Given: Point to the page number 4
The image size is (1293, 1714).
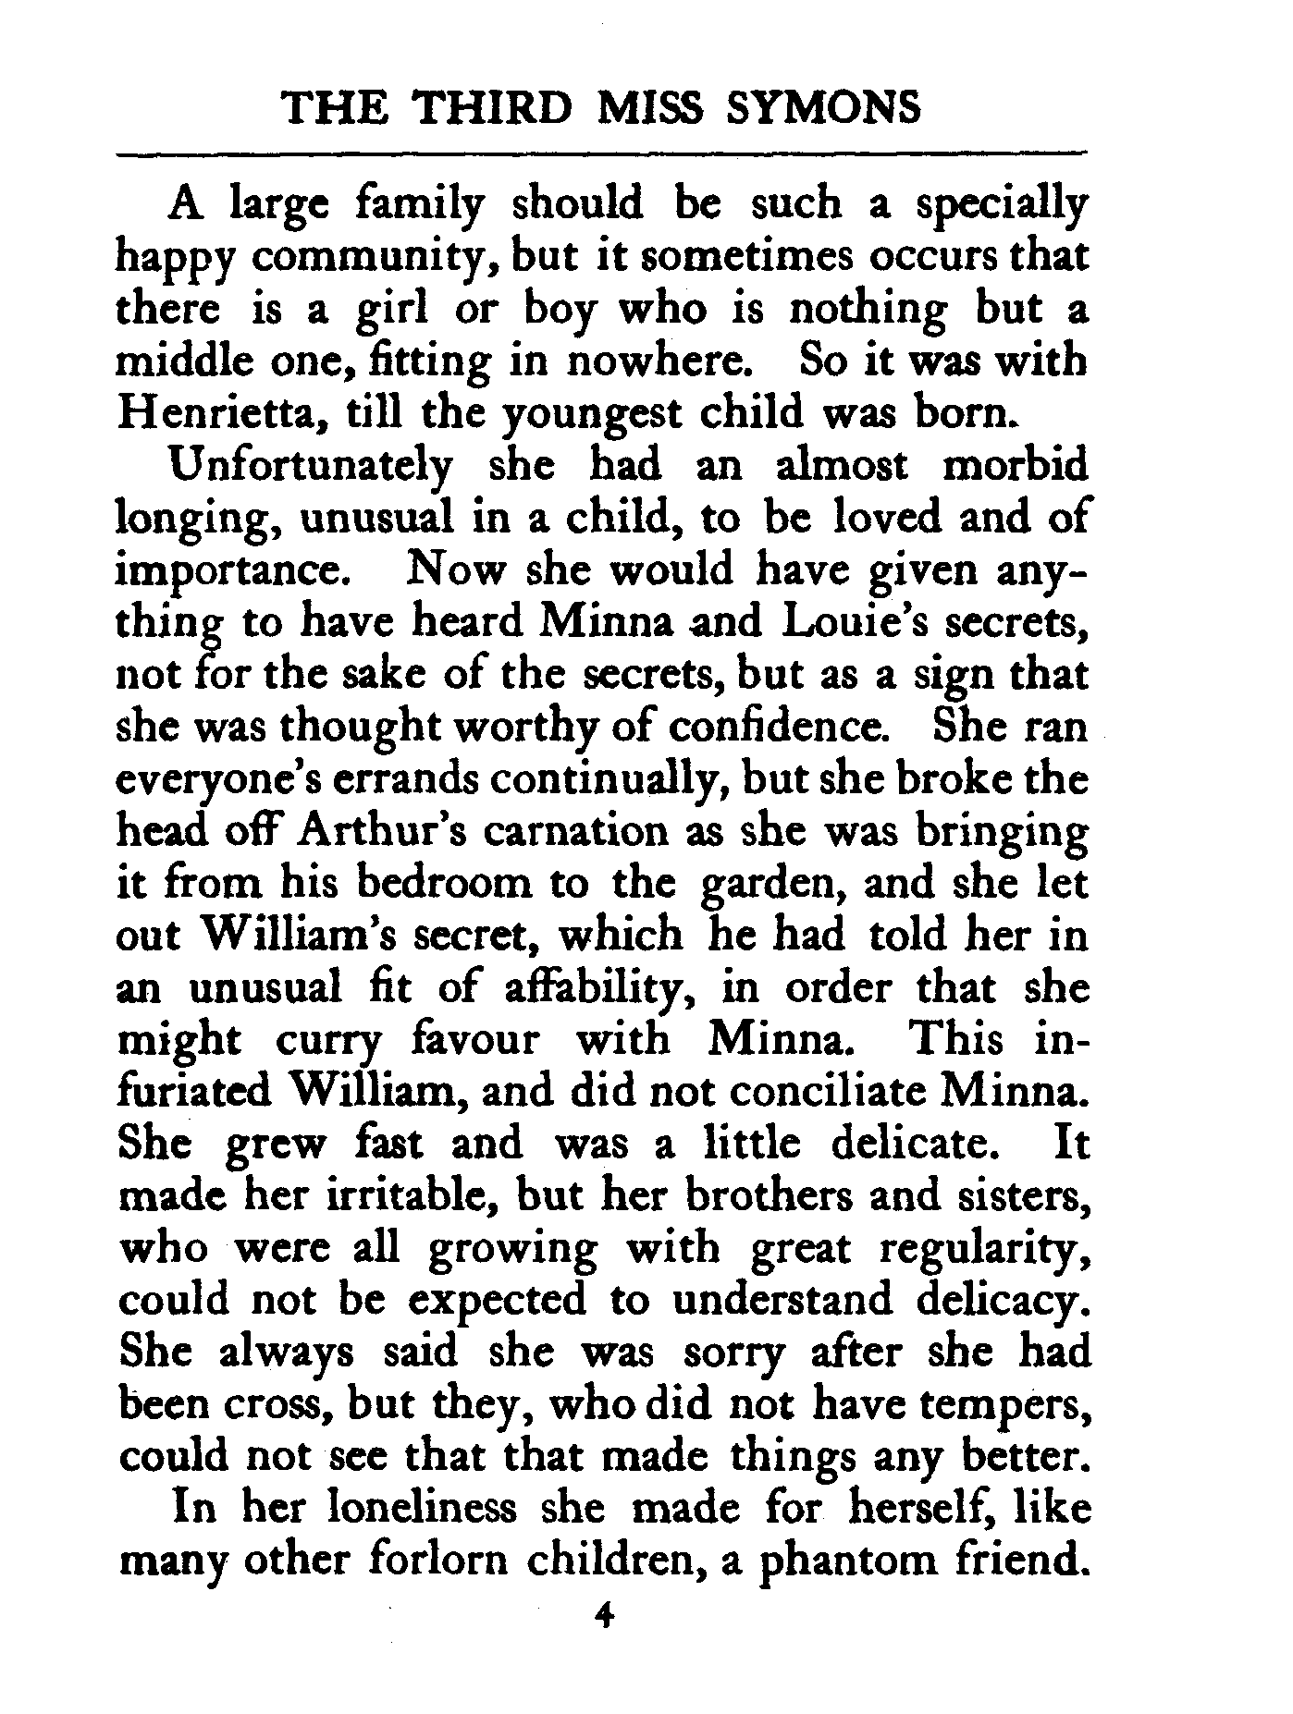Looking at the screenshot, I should click(x=607, y=1638).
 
